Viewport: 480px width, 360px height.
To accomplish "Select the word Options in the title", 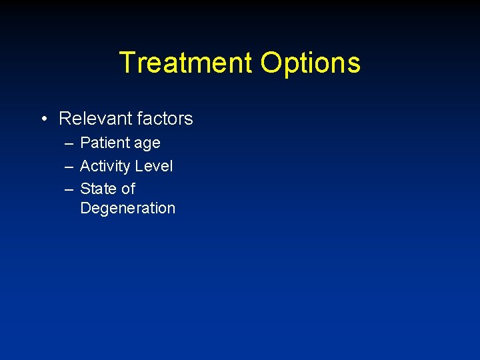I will pos(311,63).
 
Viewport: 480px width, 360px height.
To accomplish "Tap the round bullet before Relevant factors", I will pos(43,119).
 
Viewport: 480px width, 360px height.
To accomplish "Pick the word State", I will pos(97,189).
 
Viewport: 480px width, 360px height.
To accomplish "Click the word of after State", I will pos(127,189).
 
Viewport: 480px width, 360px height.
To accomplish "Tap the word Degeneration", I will pos(127,208).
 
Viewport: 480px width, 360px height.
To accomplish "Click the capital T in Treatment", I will pos(127,63).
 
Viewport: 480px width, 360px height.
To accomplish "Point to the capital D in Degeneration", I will pos(85,207).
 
